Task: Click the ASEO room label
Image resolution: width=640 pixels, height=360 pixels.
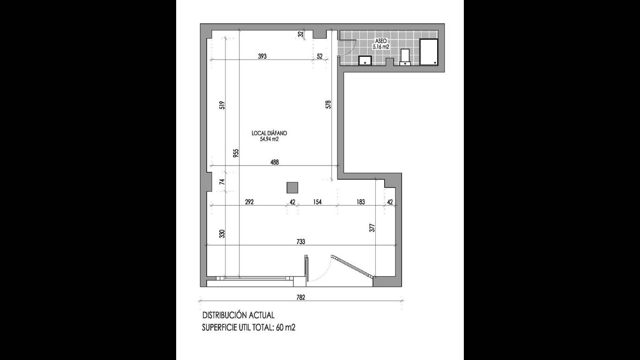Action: click(x=381, y=41)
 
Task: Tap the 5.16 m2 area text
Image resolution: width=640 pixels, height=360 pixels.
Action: click(x=381, y=47)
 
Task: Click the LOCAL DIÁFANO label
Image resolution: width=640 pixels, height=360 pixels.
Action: click(x=269, y=133)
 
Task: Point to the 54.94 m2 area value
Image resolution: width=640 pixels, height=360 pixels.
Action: click(x=269, y=139)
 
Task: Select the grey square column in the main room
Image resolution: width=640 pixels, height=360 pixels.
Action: click(x=292, y=187)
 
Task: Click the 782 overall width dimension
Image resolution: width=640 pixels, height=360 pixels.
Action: click(x=301, y=297)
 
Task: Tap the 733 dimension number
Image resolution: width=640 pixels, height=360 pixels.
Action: click(x=301, y=241)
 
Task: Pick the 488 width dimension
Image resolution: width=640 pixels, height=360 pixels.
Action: click(x=275, y=162)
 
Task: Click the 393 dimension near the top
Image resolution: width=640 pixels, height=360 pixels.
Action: click(x=262, y=56)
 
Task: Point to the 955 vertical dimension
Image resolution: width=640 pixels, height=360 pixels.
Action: click(x=236, y=153)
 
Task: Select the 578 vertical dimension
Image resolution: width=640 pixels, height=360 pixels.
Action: click(x=328, y=104)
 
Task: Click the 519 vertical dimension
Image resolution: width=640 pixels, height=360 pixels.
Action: click(x=223, y=105)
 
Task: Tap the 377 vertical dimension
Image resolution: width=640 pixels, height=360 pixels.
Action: click(x=372, y=228)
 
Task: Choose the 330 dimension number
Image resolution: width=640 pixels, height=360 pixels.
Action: click(x=223, y=233)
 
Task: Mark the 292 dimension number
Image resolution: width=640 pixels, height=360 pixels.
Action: click(x=249, y=202)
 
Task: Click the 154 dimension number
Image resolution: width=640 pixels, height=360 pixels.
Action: click(x=318, y=202)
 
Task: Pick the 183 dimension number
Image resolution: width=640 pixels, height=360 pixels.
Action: click(x=361, y=202)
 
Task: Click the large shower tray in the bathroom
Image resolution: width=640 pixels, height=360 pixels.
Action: click(x=429, y=52)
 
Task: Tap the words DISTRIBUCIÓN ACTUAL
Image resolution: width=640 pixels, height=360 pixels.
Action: click(x=238, y=315)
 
